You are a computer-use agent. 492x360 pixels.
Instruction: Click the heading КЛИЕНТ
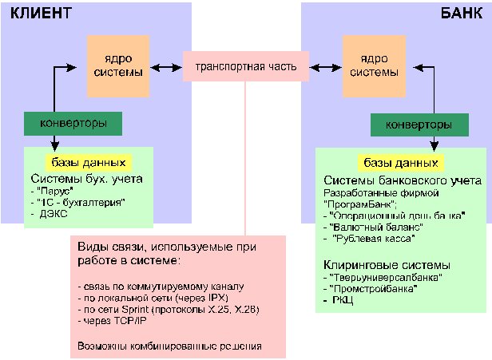click(x=40, y=14)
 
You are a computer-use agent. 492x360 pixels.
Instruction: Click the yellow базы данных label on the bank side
click(x=400, y=163)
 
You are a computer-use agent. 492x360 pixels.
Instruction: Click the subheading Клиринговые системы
click(x=387, y=264)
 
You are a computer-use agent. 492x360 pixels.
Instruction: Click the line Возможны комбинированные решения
click(x=170, y=346)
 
